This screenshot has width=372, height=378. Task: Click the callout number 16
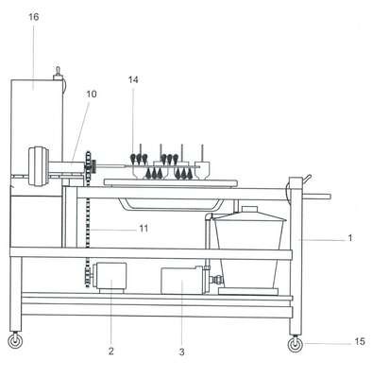click(x=34, y=17)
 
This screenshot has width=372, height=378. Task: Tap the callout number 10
click(x=92, y=94)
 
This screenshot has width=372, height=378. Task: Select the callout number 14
click(x=133, y=79)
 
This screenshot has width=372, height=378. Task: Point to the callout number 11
click(x=144, y=228)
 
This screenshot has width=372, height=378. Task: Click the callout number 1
click(x=350, y=238)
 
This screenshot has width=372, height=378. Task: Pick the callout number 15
click(x=360, y=341)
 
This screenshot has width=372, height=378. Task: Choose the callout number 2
click(x=110, y=352)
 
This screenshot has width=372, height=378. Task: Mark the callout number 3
click(x=181, y=352)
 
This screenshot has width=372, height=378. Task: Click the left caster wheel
click(x=15, y=341)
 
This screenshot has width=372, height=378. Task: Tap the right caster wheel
click(x=296, y=345)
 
